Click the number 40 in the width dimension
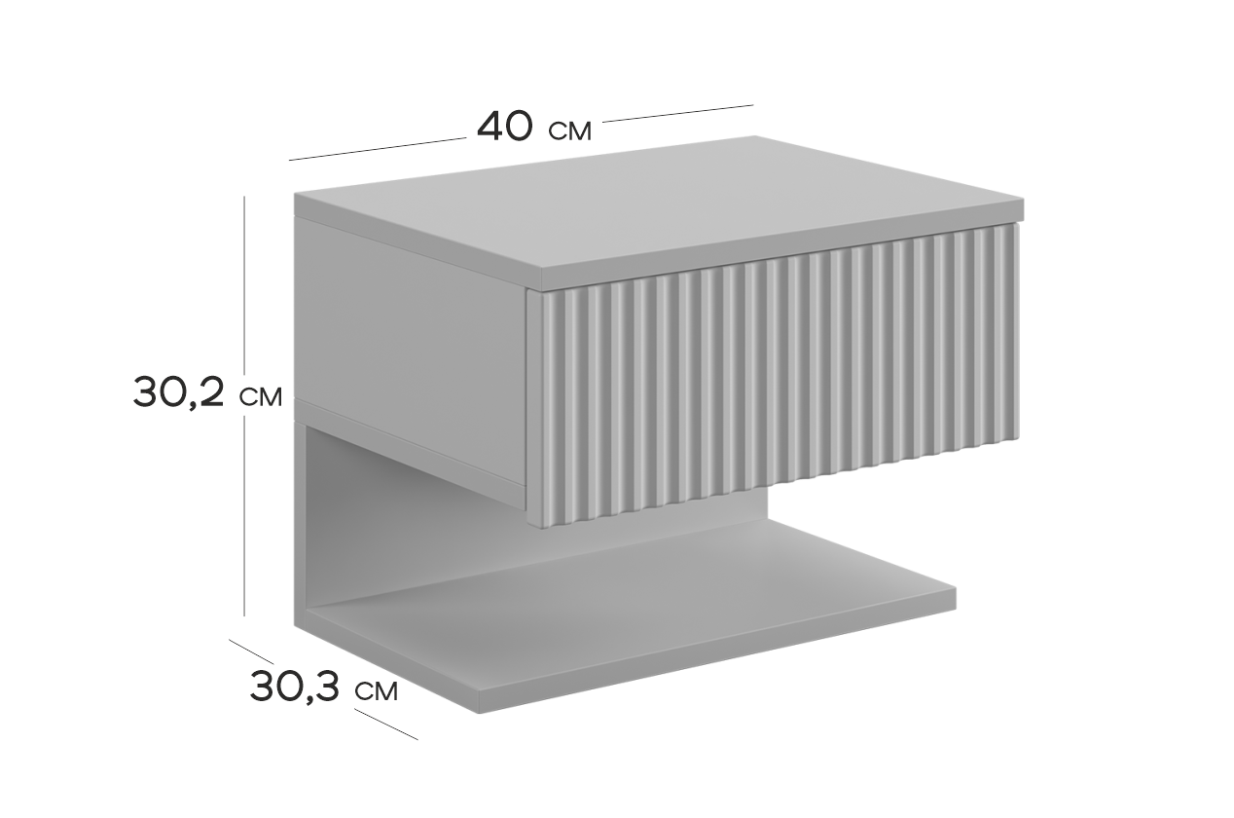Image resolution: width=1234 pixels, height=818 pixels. (x=505, y=127)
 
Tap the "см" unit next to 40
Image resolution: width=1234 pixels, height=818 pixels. (x=570, y=131)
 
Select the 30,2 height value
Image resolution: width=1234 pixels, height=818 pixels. (x=178, y=392)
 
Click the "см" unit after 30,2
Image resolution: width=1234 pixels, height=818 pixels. (x=261, y=396)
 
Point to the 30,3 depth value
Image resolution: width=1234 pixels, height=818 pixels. (x=294, y=687)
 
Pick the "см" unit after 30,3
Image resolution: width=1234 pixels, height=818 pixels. (x=377, y=690)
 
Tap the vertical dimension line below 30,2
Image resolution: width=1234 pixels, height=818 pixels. (x=244, y=516)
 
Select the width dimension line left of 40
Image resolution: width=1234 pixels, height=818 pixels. (x=378, y=149)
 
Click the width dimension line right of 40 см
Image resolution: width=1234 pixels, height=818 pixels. (x=677, y=113)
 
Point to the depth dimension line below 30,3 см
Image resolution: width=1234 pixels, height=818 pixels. (x=386, y=725)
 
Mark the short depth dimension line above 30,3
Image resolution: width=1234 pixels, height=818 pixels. (x=251, y=651)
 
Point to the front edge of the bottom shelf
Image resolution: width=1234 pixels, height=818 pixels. (x=716, y=653)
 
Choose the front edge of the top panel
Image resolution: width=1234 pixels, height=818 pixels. (x=782, y=245)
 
